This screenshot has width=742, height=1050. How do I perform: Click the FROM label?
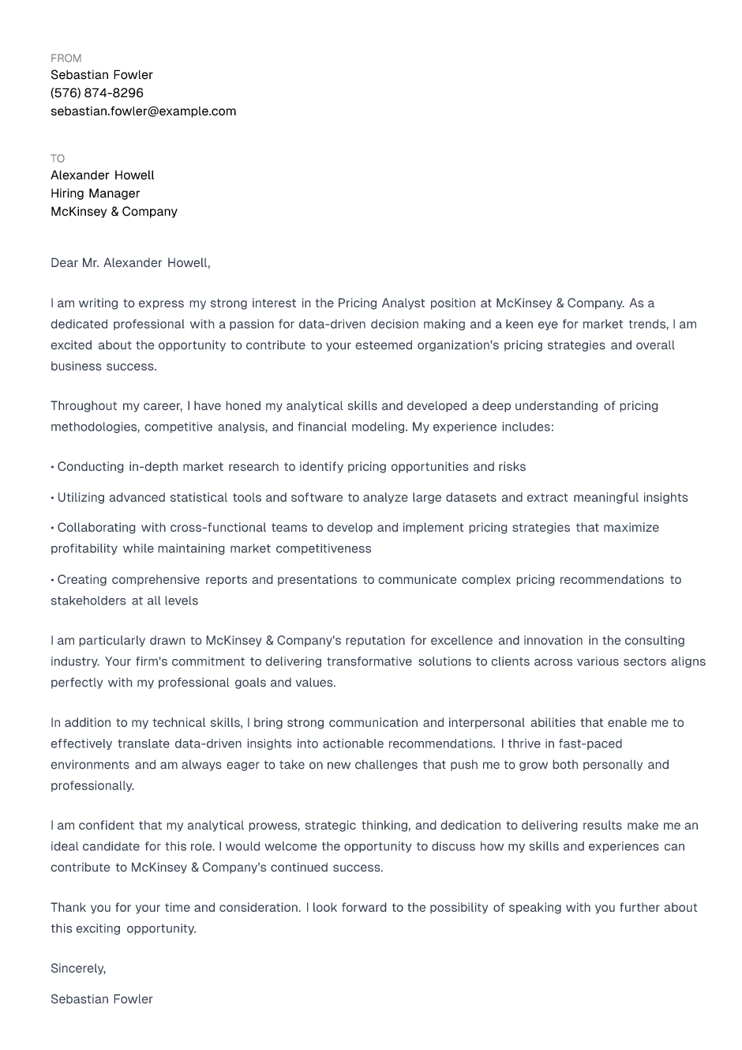66,58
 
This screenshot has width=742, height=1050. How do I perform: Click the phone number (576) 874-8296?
97,93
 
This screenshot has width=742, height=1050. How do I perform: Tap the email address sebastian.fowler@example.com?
143,111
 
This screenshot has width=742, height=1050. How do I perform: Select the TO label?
58,159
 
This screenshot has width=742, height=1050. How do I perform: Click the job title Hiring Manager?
95,194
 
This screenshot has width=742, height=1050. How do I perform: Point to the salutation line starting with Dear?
130,263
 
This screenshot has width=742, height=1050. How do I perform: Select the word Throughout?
83,406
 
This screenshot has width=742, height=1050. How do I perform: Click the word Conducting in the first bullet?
91,467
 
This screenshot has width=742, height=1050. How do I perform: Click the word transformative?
369,662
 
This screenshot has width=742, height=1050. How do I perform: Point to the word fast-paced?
590,744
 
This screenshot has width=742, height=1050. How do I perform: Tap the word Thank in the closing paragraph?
67,908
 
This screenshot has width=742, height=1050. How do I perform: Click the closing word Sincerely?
77,969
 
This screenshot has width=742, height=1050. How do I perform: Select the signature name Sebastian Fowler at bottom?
102,999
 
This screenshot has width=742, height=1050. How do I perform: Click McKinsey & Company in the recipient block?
114,212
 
